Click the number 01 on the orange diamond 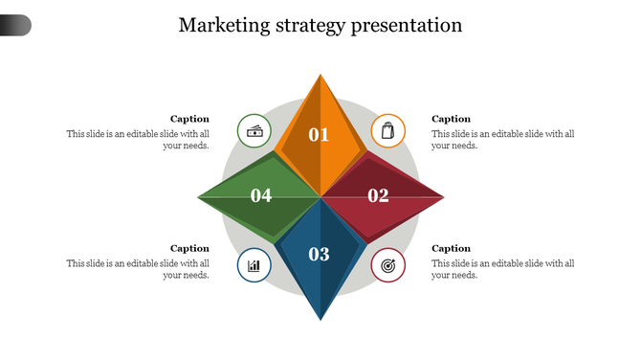[x=319, y=135]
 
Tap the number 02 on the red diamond [x=379, y=196]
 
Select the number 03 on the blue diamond [x=319, y=254]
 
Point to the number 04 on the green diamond [x=261, y=196]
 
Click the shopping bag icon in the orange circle [x=387, y=130]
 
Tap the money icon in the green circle [x=254, y=130]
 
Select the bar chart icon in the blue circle [x=254, y=264]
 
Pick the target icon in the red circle [x=387, y=264]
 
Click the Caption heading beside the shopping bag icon [x=452, y=119]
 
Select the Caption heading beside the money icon [x=189, y=119]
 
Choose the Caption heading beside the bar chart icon [x=189, y=248]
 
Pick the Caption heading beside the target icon [x=452, y=248]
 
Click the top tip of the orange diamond [x=320, y=74]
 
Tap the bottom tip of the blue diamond [x=320, y=319]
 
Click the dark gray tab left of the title [x=15, y=25]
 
